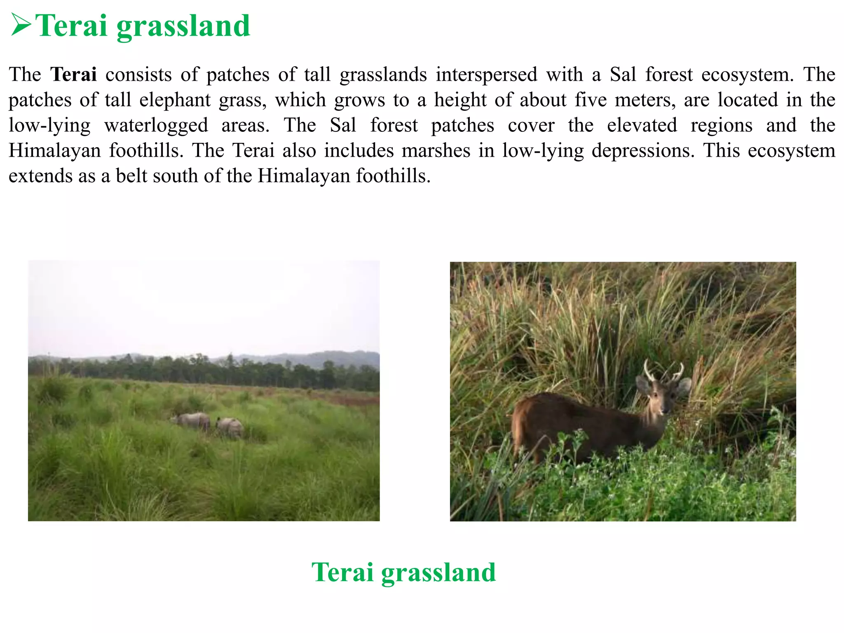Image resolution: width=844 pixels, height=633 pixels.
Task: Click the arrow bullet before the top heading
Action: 21,25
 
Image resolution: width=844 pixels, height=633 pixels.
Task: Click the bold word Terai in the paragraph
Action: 73,75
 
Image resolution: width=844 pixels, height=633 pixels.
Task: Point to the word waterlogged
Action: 156,126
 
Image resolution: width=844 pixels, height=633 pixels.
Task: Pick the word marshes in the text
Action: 436,151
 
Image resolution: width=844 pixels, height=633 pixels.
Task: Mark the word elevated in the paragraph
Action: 642,125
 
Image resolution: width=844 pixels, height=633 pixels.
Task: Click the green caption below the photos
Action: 403,572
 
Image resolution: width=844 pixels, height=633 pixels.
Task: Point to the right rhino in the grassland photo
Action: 230,427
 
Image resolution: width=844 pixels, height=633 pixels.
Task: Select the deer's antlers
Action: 663,371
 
